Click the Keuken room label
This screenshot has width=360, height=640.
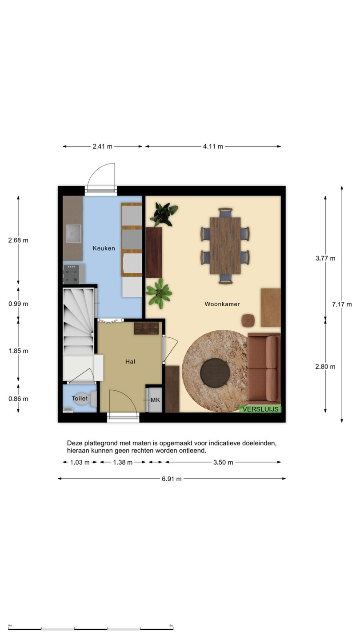(x=104, y=248)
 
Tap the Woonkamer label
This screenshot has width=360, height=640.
(x=222, y=304)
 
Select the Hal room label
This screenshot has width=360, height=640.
(x=130, y=361)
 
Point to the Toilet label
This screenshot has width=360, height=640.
(x=80, y=398)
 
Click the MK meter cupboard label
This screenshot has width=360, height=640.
(x=156, y=400)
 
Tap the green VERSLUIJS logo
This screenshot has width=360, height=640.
(x=260, y=409)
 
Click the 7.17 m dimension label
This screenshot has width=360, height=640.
(x=342, y=304)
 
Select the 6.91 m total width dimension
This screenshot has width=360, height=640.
(x=172, y=479)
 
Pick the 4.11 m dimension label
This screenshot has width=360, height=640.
(x=213, y=147)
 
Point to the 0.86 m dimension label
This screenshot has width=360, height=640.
(x=18, y=399)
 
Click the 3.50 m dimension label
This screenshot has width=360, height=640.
(x=223, y=462)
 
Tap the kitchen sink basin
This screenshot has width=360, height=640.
(x=73, y=233)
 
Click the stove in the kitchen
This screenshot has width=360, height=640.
(x=71, y=274)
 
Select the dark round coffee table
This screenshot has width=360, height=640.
(x=215, y=372)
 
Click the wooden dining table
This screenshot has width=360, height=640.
(x=225, y=246)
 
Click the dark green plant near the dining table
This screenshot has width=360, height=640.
(x=164, y=214)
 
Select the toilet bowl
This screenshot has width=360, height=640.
(x=84, y=399)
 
